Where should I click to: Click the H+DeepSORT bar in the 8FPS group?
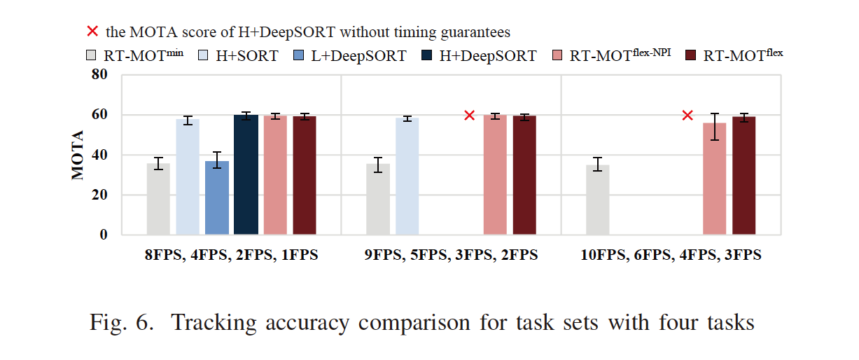246,174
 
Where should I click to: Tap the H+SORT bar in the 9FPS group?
407,176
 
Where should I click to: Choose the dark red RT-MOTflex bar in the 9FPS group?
524,175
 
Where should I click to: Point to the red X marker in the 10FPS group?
687,115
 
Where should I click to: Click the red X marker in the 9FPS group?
469,115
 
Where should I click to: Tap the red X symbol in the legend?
91,32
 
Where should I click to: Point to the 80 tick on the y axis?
101,75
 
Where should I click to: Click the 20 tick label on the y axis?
101,195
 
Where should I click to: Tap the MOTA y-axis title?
78,155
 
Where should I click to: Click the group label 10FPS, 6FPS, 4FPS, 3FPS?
671,256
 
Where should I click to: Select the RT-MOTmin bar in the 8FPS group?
158,200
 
